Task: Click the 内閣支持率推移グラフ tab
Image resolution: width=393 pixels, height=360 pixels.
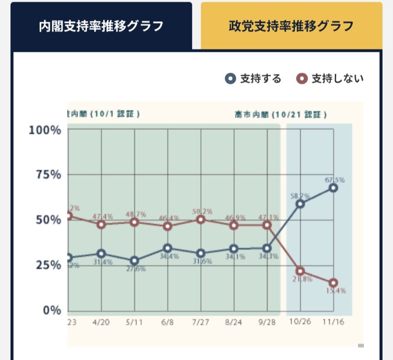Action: click(101, 26)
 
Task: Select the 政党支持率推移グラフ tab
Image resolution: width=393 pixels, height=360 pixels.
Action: click(291, 26)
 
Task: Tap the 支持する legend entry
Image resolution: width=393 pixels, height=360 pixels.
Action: click(254, 79)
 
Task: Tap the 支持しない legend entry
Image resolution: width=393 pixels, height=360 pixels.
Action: click(330, 79)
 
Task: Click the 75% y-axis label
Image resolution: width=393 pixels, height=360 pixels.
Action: click(48, 175)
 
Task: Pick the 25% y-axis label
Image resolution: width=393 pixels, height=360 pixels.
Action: click(48, 265)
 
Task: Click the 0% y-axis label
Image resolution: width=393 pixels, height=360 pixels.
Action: click(51, 310)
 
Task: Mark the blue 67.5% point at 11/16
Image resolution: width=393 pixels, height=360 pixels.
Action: click(333, 188)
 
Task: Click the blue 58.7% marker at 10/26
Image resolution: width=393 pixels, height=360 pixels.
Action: click(300, 204)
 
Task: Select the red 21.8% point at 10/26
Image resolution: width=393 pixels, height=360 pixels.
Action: click(300, 271)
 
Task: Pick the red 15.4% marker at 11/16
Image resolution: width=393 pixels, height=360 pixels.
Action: click(333, 283)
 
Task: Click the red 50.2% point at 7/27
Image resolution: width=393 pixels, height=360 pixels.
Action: click(201, 220)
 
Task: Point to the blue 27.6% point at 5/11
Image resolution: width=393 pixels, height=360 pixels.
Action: click(134, 260)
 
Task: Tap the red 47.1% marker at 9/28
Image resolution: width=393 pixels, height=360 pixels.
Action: click(267, 225)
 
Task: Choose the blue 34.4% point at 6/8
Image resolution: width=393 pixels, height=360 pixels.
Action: click(167, 248)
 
